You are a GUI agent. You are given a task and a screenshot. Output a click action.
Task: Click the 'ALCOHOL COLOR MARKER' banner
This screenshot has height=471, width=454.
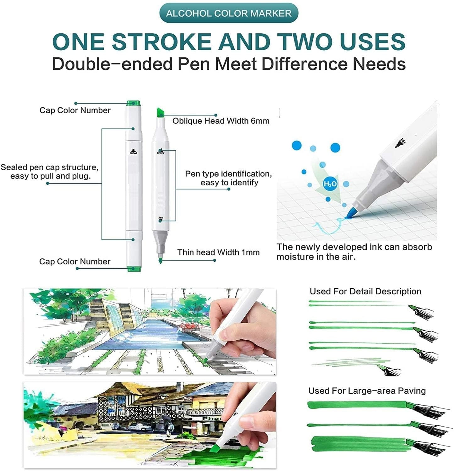coord(228,13)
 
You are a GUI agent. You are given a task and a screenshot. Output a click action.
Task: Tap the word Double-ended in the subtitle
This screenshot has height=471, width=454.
coord(112,64)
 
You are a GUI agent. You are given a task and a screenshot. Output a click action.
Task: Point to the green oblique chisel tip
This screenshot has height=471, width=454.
coord(161,112)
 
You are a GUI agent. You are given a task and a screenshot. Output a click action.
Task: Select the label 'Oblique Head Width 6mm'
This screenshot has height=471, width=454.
coord(221,121)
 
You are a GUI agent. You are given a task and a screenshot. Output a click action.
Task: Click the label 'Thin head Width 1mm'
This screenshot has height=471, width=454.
coord(218,252)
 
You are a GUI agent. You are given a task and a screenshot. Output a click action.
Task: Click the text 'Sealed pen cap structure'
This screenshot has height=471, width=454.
coord(49,167)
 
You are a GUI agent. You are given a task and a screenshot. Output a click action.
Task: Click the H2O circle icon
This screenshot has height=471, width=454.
coord(330,184)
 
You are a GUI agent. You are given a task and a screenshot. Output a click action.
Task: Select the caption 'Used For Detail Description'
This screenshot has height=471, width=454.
coord(365,291)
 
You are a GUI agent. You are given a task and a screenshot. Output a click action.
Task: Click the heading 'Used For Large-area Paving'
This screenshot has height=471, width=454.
coord(367,391)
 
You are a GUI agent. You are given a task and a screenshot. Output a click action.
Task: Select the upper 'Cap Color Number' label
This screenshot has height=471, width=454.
coord(75,110)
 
